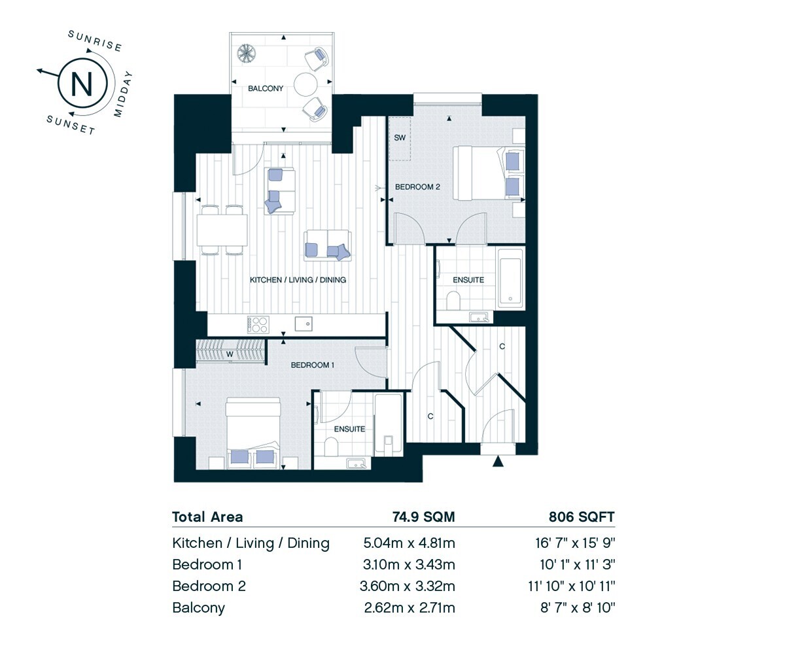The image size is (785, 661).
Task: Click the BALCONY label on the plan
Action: tap(266, 88)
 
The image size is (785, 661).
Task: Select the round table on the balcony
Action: tap(305, 84)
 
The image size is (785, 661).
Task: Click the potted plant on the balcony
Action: tap(247, 54)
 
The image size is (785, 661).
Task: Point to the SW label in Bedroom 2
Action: tap(400, 137)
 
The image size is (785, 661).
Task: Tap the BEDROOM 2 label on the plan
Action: tap(417, 187)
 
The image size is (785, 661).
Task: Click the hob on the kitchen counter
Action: tap(258, 325)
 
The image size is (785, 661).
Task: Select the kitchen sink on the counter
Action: tap(304, 324)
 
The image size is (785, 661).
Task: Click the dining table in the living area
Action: tap(222, 230)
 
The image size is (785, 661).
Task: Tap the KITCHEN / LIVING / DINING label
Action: tap(298, 280)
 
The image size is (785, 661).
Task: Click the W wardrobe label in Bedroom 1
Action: tap(230, 354)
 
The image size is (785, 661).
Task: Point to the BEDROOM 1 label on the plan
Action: tap(313, 365)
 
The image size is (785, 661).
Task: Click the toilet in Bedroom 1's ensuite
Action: tap(331, 446)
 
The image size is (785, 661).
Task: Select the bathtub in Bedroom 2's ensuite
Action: tap(510, 278)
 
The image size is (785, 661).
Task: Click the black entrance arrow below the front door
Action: tap(498, 462)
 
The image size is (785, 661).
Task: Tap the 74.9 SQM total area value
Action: tap(424, 517)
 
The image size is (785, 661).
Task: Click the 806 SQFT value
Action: tap(582, 517)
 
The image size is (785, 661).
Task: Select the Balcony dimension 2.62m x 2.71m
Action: tap(410, 607)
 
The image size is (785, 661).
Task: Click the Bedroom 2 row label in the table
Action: tap(209, 586)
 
